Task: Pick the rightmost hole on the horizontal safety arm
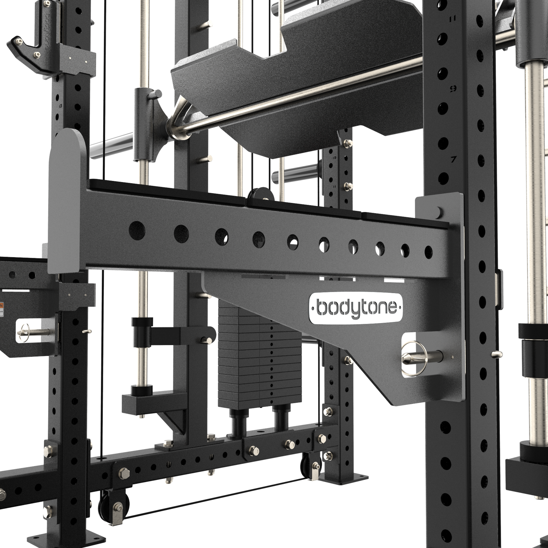pos(429,251)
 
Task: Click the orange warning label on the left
pos(2,307)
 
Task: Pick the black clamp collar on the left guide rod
pos(141,324)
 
